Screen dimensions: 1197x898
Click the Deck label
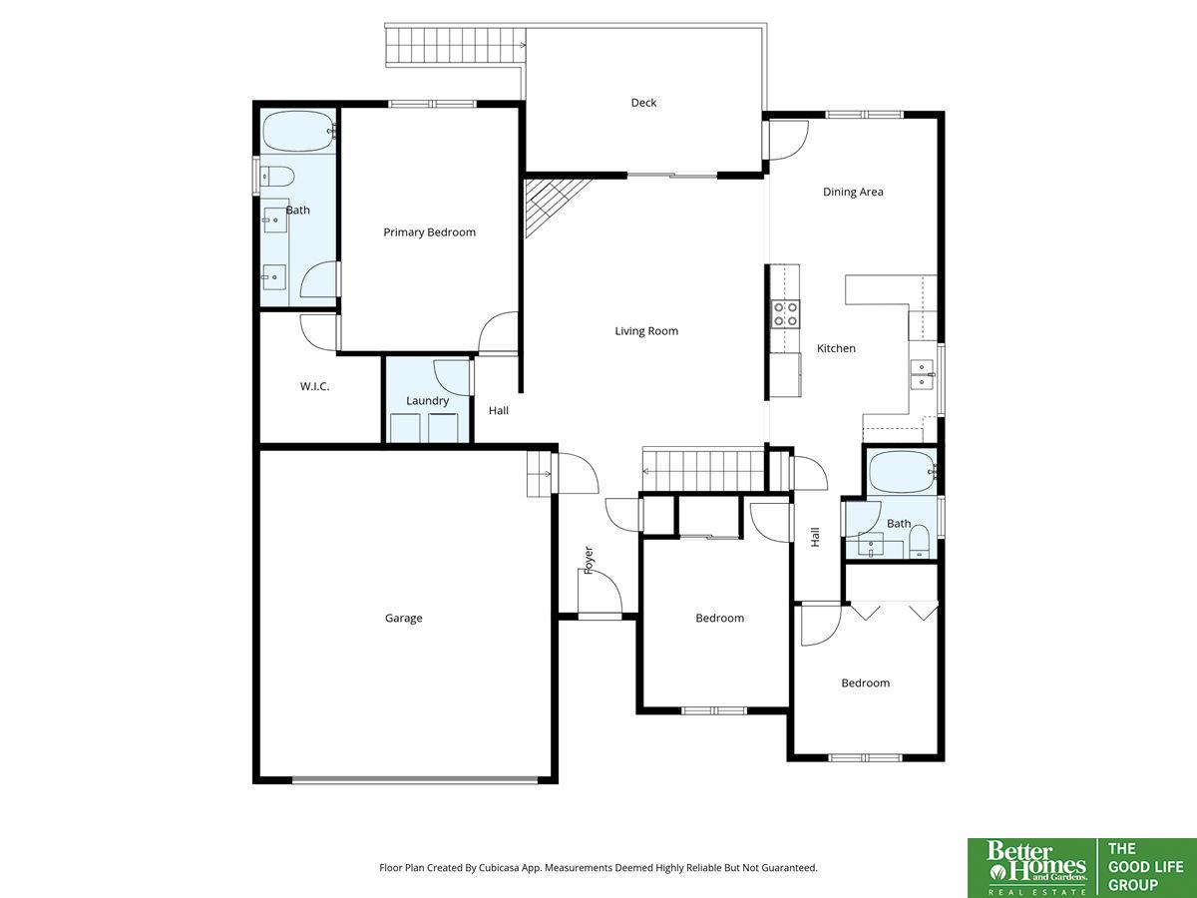pyautogui.click(x=643, y=103)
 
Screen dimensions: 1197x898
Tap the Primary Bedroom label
pyautogui.click(x=429, y=232)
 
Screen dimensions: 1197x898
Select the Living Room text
pyautogui.click(x=646, y=331)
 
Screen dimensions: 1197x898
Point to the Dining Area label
pyautogui.click(x=853, y=192)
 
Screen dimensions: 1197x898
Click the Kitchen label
pyautogui.click(x=836, y=348)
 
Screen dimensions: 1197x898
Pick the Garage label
pyautogui.click(x=404, y=619)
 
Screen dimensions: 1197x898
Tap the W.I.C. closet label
pyautogui.click(x=314, y=386)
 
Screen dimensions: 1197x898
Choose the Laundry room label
pyautogui.click(x=428, y=401)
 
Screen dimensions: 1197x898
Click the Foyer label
pyautogui.click(x=589, y=560)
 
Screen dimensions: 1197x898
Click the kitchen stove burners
pyautogui.click(x=785, y=314)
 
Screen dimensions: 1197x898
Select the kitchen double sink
pyautogui.click(x=922, y=375)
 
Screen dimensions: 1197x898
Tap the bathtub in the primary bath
pyautogui.click(x=298, y=131)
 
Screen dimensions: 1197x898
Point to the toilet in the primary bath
pyautogui.click(x=277, y=177)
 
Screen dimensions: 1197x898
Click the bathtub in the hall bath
pyautogui.click(x=902, y=472)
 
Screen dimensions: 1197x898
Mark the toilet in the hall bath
pyautogui.click(x=920, y=542)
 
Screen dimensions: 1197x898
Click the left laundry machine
pyautogui.click(x=405, y=428)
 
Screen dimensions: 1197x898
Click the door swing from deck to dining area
pyautogui.click(x=786, y=141)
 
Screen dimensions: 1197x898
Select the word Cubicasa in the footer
pyautogui.click(x=500, y=867)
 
